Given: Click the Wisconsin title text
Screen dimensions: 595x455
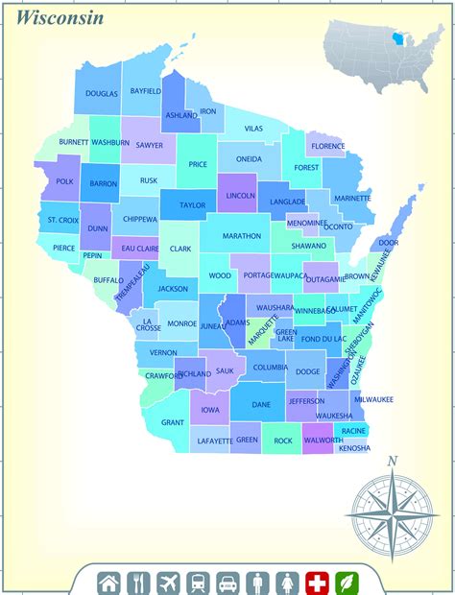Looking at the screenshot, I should (60, 18).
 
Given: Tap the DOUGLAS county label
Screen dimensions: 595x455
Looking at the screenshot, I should (102, 94).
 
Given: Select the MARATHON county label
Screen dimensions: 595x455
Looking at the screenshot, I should (241, 235).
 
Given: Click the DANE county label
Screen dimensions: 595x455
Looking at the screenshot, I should (261, 405).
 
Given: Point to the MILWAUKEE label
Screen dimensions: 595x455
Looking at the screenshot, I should (373, 399).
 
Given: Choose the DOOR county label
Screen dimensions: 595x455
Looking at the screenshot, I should (388, 244).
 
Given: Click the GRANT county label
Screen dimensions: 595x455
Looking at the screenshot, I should (173, 422).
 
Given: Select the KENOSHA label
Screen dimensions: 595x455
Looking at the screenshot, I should (354, 448).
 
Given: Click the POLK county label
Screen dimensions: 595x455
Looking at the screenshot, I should (64, 181).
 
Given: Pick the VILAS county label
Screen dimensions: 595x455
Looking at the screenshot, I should (253, 129).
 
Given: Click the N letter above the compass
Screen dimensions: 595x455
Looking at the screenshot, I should (392, 462).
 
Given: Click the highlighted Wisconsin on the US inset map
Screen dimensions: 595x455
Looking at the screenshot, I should (395, 40).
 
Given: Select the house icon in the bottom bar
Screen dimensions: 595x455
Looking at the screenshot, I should (109, 582).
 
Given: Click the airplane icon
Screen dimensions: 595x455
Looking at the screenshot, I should (169, 582).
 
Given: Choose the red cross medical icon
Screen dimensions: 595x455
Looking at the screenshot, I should (317, 582).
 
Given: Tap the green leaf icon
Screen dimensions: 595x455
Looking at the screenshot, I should (347, 582).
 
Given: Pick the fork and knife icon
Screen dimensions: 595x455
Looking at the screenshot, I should (139, 582).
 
